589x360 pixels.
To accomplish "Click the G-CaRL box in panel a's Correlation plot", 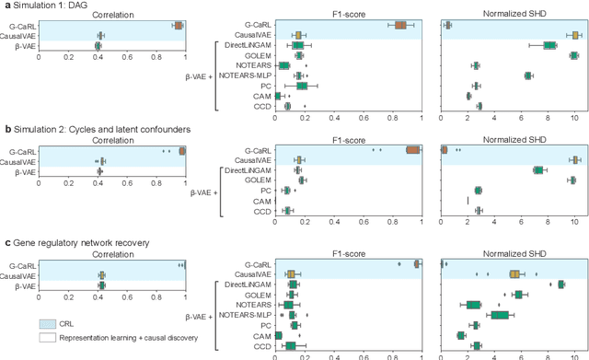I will [178, 26].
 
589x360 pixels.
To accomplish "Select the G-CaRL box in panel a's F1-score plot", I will [400, 26].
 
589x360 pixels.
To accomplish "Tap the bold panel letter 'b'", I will [6, 131].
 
